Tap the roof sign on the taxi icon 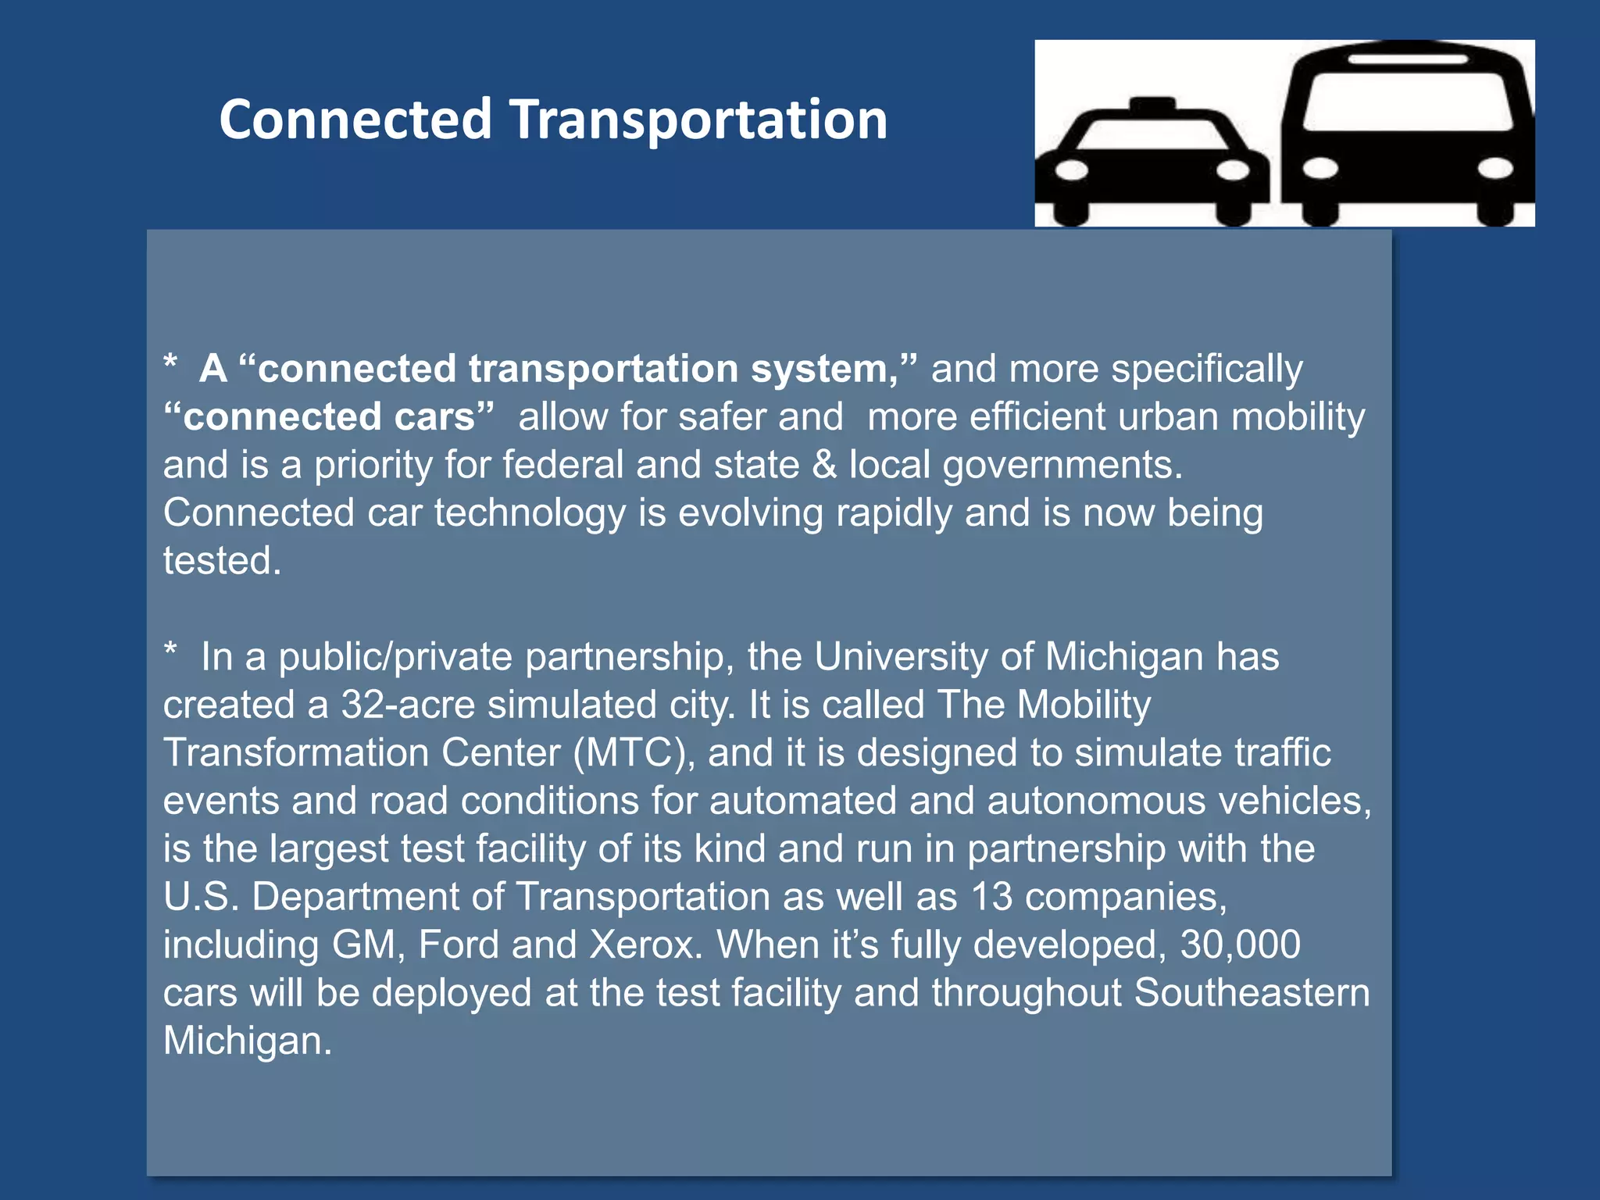click(x=1152, y=104)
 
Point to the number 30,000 click(x=1240, y=945)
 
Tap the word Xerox click(x=646, y=945)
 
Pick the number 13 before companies click(x=991, y=897)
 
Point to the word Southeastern click(x=1252, y=993)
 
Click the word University click(x=901, y=657)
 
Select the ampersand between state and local click(x=824, y=465)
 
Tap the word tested click(x=222, y=561)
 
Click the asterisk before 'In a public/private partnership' click(x=171, y=652)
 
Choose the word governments click(x=1062, y=466)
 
